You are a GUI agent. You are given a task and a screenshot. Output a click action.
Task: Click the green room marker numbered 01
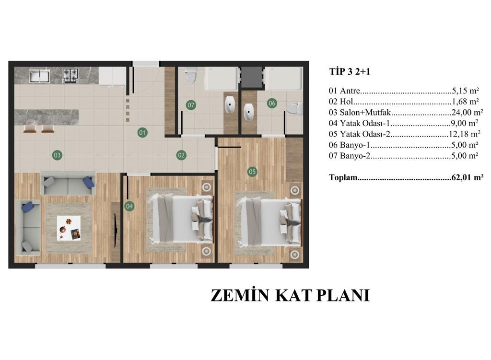pyautogui.click(x=142, y=132)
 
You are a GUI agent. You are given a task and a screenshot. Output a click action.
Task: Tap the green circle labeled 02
pyautogui.click(x=181, y=155)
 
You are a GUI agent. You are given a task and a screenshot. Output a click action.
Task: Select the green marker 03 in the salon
pyautogui.click(x=57, y=155)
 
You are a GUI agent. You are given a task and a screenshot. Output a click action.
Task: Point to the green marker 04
pyautogui.click(x=129, y=206)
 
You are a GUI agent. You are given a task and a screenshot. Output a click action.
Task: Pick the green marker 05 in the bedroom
pyautogui.click(x=252, y=172)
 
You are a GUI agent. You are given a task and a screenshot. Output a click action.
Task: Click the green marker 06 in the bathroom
pyautogui.click(x=272, y=103)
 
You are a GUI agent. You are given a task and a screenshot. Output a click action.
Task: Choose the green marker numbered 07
pyautogui.click(x=191, y=105)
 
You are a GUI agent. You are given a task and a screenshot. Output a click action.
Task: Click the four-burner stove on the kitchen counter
pyautogui.click(x=70, y=75)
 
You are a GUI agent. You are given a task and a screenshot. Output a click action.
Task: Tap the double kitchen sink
pyautogui.click(x=39, y=76)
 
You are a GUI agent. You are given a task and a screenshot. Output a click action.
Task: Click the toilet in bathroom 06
pyautogui.click(x=295, y=109)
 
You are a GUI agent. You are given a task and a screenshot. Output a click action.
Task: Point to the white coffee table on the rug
pyautogui.click(x=69, y=228)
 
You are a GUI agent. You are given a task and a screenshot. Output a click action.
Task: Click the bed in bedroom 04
pyautogui.click(x=181, y=218)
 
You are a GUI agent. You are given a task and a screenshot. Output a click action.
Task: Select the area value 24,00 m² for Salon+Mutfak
pyautogui.click(x=467, y=112)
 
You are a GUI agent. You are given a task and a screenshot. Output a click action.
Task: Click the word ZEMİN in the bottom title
pyautogui.click(x=240, y=295)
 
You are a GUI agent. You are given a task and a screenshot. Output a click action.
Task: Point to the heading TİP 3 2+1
pyautogui.click(x=350, y=72)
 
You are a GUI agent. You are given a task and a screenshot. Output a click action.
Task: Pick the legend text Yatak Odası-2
pyautogui.click(x=365, y=134)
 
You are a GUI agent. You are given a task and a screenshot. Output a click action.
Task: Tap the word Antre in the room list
pyautogui.click(x=350, y=91)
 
